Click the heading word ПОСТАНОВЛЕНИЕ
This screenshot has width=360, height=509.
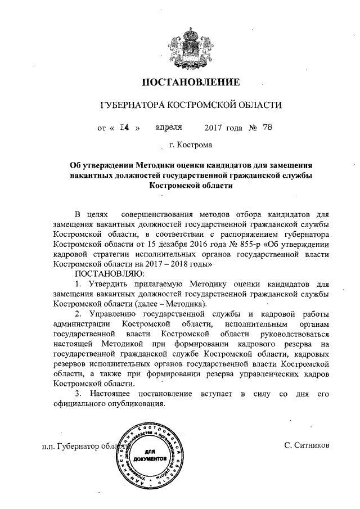190,82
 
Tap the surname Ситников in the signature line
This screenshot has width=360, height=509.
309,447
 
